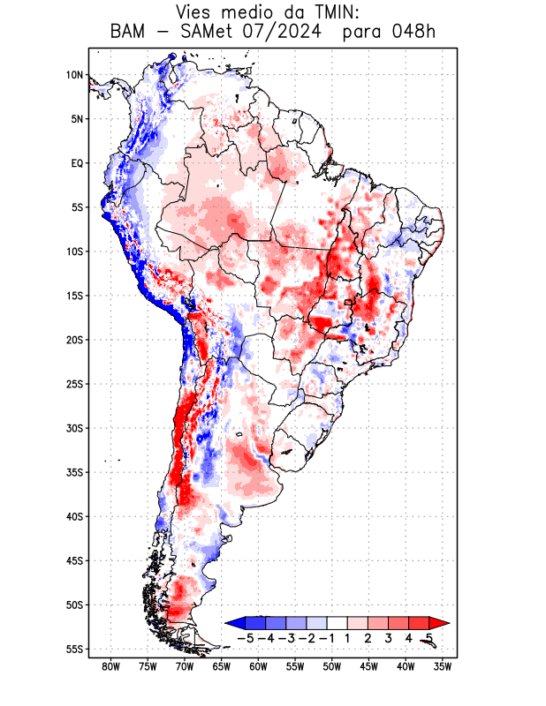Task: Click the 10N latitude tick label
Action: (x=74, y=75)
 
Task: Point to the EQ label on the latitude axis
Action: (x=76, y=163)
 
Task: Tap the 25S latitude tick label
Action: (x=74, y=384)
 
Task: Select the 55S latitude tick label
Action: (x=74, y=650)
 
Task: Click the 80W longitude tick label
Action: (x=110, y=667)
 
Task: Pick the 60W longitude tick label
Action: (x=258, y=667)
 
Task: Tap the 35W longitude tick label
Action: (x=443, y=667)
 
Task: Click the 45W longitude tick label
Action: (x=368, y=667)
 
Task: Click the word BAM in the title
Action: (x=130, y=33)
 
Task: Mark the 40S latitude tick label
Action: (x=74, y=517)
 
